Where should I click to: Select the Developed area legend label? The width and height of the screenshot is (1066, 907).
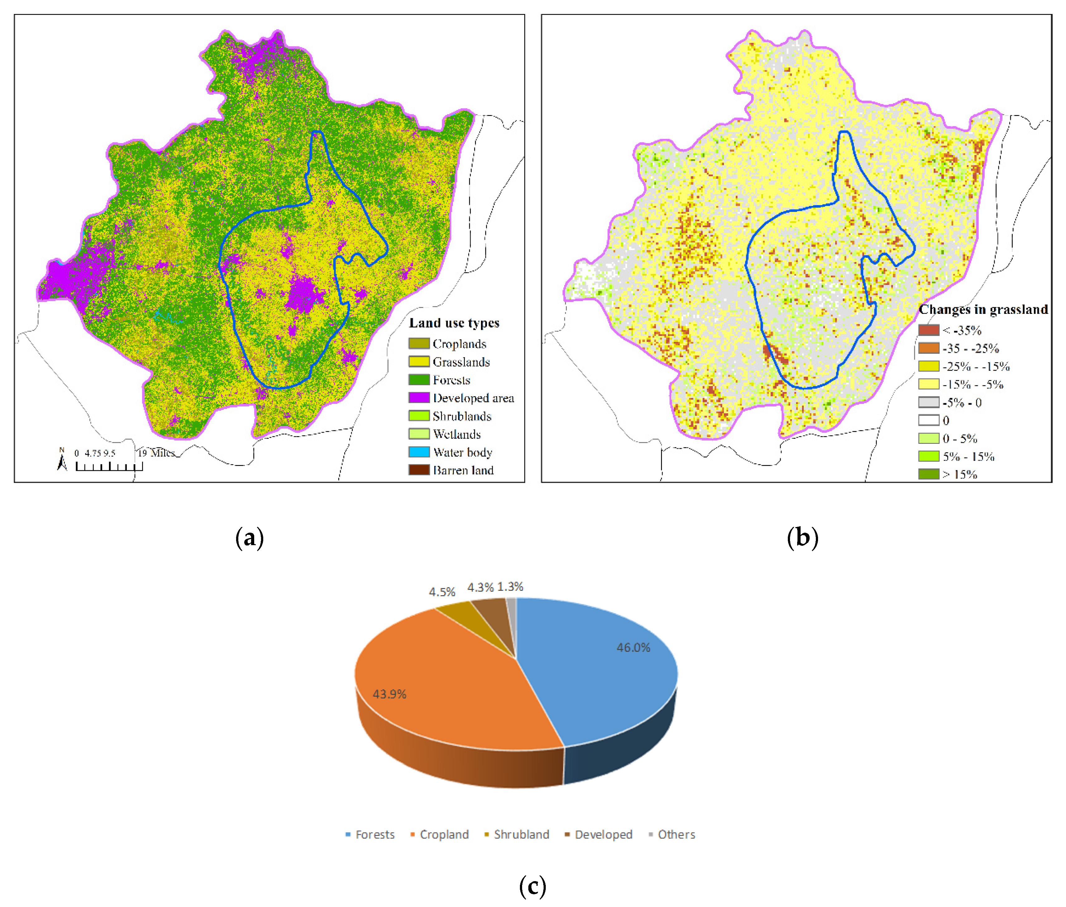tap(473, 398)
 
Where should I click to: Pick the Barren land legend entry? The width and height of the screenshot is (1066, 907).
tap(463, 470)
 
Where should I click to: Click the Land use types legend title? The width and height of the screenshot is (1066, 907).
tap(454, 323)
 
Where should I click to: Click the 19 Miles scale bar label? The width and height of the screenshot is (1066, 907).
tap(156, 453)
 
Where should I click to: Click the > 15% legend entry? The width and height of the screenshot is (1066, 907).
tap(959, 474)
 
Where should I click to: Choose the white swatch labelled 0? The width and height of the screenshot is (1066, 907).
tap(928, 420)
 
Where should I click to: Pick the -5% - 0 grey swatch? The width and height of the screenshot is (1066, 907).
tap(928, 402)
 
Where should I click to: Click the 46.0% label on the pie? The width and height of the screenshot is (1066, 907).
tap(633, 647)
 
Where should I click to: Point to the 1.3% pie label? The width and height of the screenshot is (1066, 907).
tap(510, 587)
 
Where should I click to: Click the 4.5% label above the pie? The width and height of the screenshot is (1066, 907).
tap(442, 592)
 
